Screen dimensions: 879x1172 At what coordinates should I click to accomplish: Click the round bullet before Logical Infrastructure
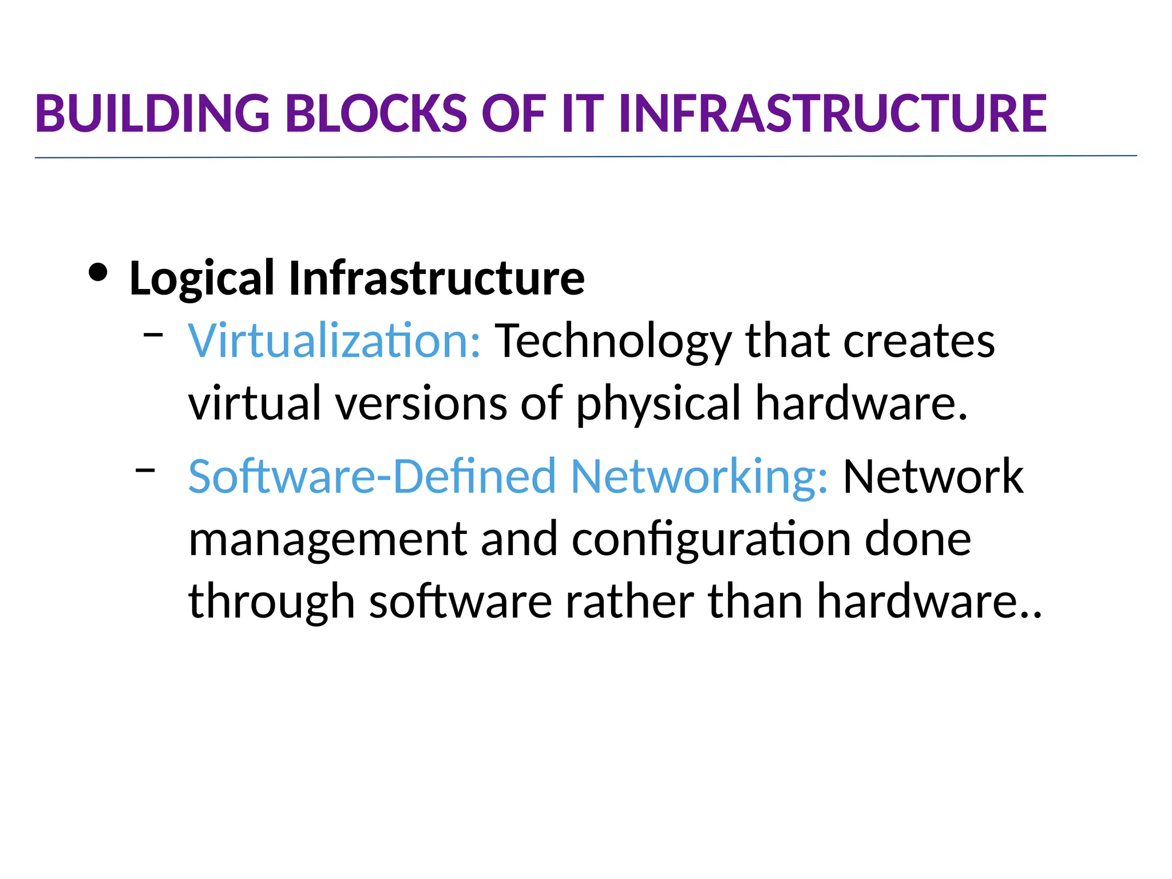click(x=98, y=273)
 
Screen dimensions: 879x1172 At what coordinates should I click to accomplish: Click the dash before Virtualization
click(x=153, y=333)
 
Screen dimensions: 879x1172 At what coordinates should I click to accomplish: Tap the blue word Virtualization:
click(x=335, y=341)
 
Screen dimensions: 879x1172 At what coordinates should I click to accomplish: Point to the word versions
click(x=421, y=404)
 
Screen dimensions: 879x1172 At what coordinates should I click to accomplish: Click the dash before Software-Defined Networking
click(x=145, y=470)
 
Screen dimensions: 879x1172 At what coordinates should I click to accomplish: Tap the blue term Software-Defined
click(x=372, y=476)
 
